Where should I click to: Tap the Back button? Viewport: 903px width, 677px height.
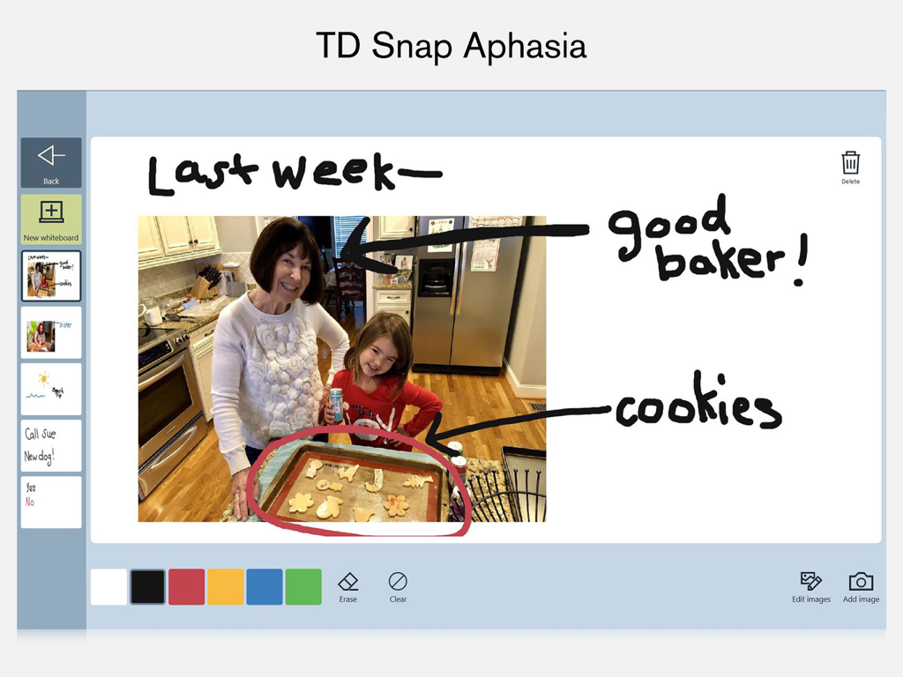tap(51, 161)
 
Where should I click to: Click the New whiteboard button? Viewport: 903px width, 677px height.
tap(51, 219)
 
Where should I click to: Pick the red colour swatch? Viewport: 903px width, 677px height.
tap(186, 587)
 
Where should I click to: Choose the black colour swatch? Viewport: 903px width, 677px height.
tap(147, 587)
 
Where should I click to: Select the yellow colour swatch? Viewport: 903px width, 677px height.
tap(225, 587)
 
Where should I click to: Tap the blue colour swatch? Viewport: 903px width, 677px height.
tap(264, 587)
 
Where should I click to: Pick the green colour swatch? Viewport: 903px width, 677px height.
tap(303, 587)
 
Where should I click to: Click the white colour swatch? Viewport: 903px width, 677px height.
tap(108, 587)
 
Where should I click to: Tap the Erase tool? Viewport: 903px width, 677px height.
tap(348, 585)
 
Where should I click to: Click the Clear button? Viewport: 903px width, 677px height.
tap(398, 585)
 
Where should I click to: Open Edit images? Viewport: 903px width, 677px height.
tap(810, 585)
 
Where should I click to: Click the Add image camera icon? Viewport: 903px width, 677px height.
tap(861, 585)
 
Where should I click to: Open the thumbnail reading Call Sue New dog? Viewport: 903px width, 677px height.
tap(51, 445)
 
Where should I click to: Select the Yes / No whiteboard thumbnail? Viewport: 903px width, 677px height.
tap(51, 502)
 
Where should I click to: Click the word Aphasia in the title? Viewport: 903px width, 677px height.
tap(524, 46)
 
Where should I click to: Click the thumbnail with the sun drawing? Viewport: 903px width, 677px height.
tap(51, 389)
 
